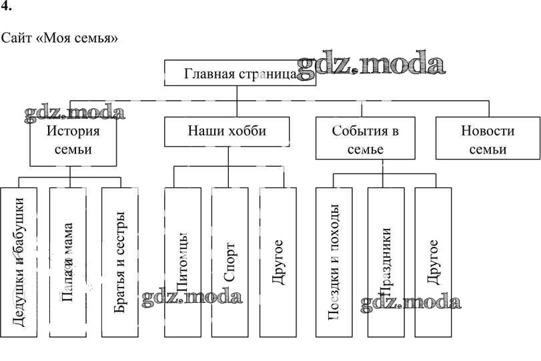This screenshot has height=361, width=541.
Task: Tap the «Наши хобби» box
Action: [x=227, y=131]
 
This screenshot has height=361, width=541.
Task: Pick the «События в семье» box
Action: [x=365, y=139]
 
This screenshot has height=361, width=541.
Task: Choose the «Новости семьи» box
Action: [x=487, y=139]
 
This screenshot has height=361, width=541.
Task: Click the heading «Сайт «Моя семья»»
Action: [x=60, y=38]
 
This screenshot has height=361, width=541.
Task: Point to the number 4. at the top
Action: [x=7, y=9]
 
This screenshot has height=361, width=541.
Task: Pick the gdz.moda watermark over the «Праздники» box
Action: [x=410, y=304]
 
